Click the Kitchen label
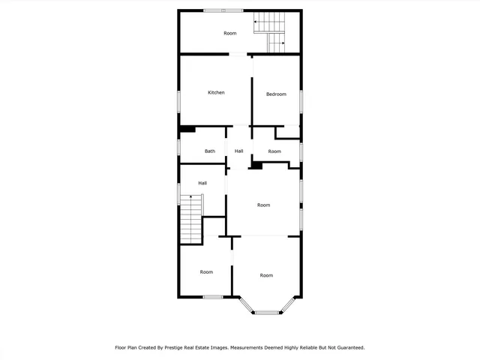pos(216,92)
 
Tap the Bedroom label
pos(276,94)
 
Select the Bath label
pos(210,151)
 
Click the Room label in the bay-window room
pos(266,275)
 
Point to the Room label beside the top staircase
pos(229,33)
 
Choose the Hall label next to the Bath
pos(238,151)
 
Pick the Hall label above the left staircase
pos(202,183)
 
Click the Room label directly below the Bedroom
pos(274,151)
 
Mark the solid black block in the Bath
pos(187,129)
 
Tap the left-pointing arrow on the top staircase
pos(255,22)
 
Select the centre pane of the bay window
pos(265,312)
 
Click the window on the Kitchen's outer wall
pos(178,102)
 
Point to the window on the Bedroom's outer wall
pos(301,102)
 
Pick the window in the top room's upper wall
pos(223,10)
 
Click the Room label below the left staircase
pos(206,272)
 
